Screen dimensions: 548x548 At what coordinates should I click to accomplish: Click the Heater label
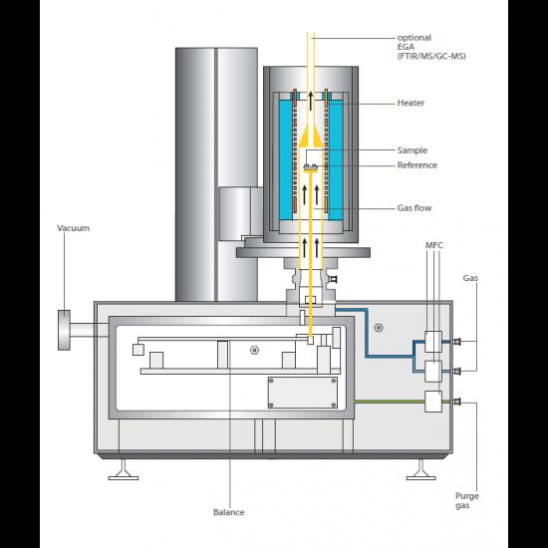tap(411, 103)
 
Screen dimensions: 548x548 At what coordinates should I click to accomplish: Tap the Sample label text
tap(412, 150)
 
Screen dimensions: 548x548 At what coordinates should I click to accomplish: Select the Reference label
tap(416, 165)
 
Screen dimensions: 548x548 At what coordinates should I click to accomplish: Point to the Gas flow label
tap(414, 208)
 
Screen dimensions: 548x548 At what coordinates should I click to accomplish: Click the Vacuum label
tap(73, 228)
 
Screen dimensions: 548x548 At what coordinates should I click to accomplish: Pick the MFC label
tap(434, 245)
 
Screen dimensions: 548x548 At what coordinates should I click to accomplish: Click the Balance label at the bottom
tap(229, 512)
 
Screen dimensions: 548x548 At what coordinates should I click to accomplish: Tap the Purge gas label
tap(467, 500)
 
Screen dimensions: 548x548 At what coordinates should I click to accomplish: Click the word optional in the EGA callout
tap(414, 38)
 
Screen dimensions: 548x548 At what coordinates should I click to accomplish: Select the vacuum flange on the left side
tap(64, 330)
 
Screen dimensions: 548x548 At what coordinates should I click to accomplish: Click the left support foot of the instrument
tap(123, 470)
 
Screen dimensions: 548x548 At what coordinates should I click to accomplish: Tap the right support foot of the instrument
tap(421, 470)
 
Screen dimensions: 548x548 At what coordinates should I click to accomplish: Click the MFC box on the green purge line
tap(433, 402)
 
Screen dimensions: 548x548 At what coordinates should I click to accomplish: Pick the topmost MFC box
tap(433, 342)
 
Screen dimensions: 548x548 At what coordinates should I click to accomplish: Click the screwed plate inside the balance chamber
tap(302, 393)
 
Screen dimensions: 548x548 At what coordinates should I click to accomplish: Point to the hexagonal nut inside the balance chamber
tap(254, 350)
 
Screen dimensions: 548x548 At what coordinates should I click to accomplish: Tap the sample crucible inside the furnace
tap(310, 168)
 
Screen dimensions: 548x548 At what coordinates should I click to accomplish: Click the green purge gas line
tap(389, 402)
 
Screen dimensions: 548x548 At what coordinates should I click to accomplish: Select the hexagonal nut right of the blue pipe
tap(379, 328)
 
